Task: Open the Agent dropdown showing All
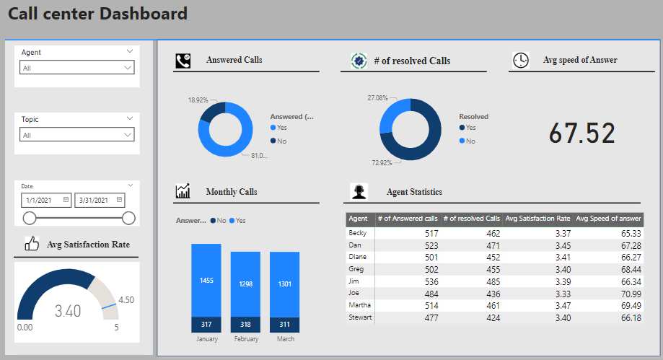coord(76,68)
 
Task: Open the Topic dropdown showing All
coord(76,135)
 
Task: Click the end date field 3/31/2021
coord(100,200)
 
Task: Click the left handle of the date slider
coord(30,218)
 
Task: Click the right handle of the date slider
coord(129,218)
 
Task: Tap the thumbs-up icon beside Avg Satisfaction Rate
coord(32,245)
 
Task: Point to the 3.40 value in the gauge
coord(69,311)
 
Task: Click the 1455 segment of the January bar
coord(206,280)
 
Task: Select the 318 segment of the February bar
coord(245,325)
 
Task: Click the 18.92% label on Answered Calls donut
coord(198,100)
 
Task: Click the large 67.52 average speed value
coord(581,133)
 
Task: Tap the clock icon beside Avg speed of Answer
coord(520,61)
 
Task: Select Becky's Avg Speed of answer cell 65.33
coord(626,234)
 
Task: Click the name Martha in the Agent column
coord(359,307)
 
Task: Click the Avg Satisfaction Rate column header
coord(537,219)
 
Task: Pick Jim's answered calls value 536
coord(427,282)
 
